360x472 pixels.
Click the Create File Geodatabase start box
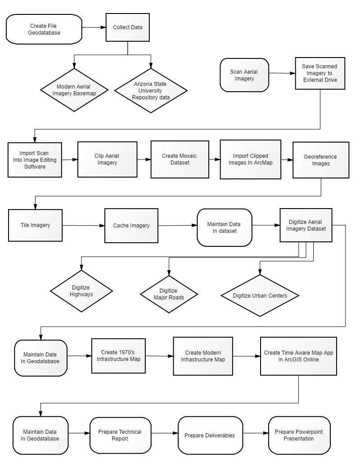tap(44, 29)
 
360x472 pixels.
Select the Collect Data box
tap(128, 27)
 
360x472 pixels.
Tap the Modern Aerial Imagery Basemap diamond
tap(74, 90)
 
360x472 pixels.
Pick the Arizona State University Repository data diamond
tap(151, 91)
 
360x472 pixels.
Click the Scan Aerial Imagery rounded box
tap(244, 75)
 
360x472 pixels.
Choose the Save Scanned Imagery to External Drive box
tap(320, 73)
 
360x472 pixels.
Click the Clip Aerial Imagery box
tap(107, 159)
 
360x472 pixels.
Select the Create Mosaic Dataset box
tap(180, 159)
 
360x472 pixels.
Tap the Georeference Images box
tap(321, 160)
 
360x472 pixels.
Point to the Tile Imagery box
tap(35, 225)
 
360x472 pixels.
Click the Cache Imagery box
tap(131, 226)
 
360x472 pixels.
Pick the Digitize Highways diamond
tap(81, 291)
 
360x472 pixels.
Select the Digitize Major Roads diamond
tap(169, 294)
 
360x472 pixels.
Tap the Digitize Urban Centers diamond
tap(260, 296)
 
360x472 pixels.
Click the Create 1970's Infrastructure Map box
tap(118, 356)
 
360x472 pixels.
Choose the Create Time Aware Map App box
tap(298, 356)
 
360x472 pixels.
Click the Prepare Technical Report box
tap(120, 435)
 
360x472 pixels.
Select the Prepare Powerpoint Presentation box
tap(299, 435)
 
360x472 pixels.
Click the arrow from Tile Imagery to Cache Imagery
tap(84, 226)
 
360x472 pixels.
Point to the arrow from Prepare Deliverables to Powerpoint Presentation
tap(256, 433)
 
